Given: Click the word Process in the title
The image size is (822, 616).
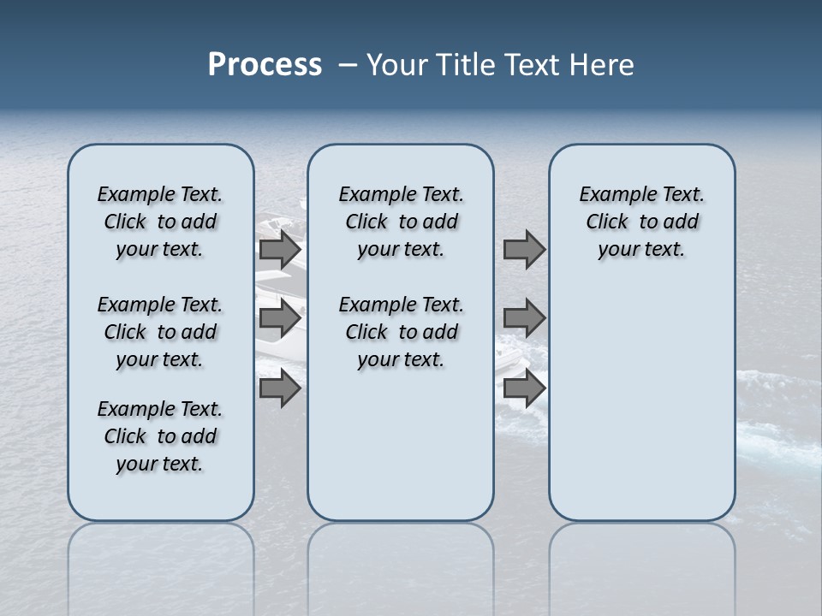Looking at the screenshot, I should coord(265,65).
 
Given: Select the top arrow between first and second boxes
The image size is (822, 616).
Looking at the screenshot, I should coord(280,250).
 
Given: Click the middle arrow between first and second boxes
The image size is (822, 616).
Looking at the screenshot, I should coord(280,318).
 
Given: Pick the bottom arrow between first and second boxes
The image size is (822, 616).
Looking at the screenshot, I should coord(280,388).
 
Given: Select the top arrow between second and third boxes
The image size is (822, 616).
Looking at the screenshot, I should coord(524,250).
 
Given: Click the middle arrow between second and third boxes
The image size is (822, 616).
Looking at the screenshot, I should coord(524,318).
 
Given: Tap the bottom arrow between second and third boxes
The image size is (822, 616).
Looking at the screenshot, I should coord(524,388).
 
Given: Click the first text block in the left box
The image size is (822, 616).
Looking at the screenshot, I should coord(160,222).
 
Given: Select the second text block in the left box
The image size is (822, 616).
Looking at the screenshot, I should coord(160,332).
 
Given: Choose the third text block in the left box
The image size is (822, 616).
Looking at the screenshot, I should coord(160,436).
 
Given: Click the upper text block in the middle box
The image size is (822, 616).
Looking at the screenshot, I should coord(401,222).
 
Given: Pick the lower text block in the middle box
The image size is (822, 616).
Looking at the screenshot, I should coord(401,332).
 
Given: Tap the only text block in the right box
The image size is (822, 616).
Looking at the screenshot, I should coord(641,222).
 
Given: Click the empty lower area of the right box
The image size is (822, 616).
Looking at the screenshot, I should coord(641,402).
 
